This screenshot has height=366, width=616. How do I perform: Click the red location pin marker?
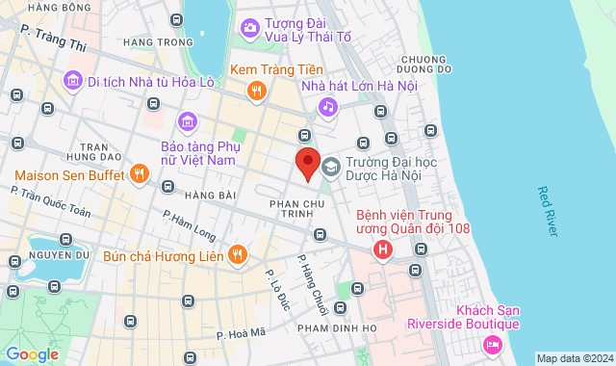click(x=306, y=163)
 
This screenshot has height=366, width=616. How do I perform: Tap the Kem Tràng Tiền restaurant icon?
click(x=256, y=91)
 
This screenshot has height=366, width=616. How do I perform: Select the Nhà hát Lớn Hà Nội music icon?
click(x=328, y=106)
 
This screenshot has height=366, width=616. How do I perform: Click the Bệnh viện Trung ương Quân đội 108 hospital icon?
click(x=384, y=249)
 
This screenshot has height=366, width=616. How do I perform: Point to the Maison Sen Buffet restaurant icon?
click(x=140, y=174)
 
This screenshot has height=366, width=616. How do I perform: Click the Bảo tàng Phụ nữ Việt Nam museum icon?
click(x=187, y=120)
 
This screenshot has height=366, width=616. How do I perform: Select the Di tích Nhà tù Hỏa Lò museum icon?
click(x=71, y=81)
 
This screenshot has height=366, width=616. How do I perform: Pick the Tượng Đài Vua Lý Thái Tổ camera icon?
click(x=249, y=27)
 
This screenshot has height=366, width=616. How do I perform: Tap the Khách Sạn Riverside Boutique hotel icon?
click(x=493, y=344)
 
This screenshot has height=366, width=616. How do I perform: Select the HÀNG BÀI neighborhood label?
click(x=211, y=196)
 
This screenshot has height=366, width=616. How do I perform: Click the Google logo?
click(x=32, y=354)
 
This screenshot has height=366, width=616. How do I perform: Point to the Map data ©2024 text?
click(x=574, y=358)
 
